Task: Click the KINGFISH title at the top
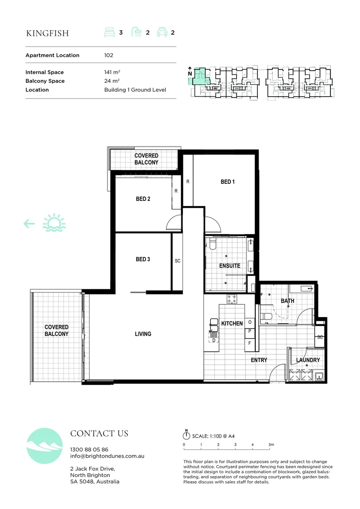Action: click(47, 33)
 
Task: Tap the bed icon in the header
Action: click(109, 33)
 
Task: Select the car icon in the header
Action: click(162, 33)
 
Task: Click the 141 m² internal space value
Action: click(112, 72)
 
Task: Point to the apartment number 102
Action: click(109, 55)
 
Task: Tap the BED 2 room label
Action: click(143, 199)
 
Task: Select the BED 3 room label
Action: click(143, 259)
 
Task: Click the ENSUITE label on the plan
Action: click(229, 266)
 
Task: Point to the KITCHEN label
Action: click(232, 323)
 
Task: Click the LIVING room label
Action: click(143, 334)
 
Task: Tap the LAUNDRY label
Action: click(308, 360)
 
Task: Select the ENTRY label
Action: click(259, 360)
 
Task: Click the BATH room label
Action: click(287, 300)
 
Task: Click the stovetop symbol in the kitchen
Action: click(231, 298)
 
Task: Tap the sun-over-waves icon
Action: click(54, 223)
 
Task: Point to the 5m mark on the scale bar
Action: click(271, 444)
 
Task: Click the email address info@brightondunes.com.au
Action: click(107, 456)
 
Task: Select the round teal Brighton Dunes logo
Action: click(45, 446)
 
